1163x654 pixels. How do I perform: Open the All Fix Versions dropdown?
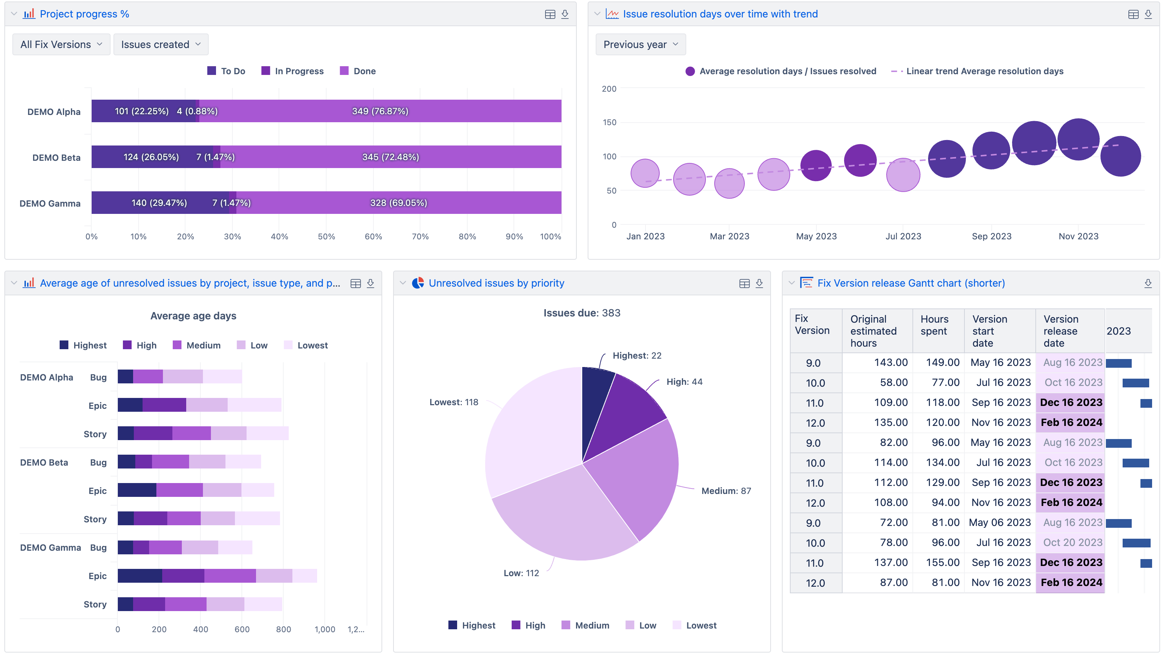61,44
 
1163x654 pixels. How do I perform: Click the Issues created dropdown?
160,44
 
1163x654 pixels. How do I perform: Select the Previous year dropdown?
640,44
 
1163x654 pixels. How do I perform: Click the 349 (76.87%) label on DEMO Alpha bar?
380,111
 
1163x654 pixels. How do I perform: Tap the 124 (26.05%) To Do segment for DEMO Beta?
151,157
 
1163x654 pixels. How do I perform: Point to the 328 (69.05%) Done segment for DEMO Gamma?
398,203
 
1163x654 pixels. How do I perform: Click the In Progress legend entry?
292,71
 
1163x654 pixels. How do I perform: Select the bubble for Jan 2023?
645,173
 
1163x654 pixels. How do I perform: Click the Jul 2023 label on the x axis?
903,236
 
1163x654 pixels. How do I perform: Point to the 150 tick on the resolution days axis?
609,123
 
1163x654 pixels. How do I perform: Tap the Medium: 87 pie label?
726,491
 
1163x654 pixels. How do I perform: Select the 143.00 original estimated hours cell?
890,362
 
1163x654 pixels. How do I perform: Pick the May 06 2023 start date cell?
1000,523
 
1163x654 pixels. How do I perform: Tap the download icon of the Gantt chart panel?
1148,283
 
